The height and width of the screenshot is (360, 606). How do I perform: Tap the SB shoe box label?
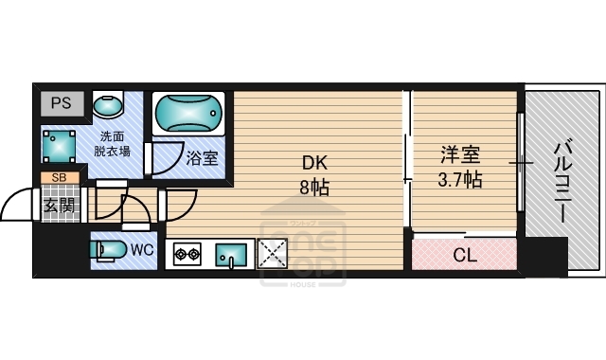pyautogui.click(x=59, y=177)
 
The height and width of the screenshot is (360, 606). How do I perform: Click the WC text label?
pyautogui.click(x=142, y=250)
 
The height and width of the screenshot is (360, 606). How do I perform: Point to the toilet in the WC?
pyautogui.click(x=108, y=251)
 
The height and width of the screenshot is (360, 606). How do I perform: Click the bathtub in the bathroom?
pyautogui.click(x=189, y=116)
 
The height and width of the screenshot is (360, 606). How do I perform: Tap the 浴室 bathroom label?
pyautogui.click(x=202, y=157)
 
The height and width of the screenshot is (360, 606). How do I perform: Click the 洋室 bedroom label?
pyautogui.click(x=459, y=153)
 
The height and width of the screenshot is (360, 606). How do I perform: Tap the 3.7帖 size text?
pyautogui.click(x=459, y=178)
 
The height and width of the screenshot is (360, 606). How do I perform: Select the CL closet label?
pyautogui.click(x=464, y=254)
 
